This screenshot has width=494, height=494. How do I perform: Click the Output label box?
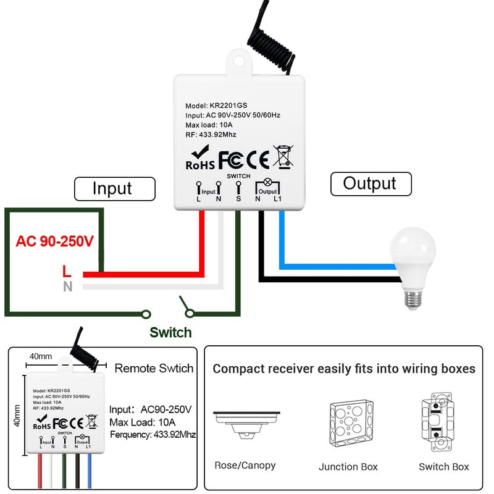(369, 183)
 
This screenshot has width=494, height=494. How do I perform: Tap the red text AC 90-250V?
(54, 241)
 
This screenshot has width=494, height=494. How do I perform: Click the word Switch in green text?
(170, 333)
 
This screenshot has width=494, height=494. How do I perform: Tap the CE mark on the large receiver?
(257, 159)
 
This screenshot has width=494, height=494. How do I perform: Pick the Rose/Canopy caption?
(245, 466)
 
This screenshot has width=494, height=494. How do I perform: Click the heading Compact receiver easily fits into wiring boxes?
(344, 369)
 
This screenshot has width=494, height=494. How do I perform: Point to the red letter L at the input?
(67, 271)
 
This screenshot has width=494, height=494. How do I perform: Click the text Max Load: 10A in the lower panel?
(143, 422)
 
